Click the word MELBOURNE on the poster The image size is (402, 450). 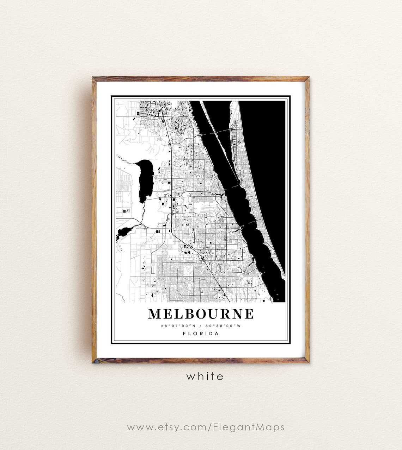[201, 314]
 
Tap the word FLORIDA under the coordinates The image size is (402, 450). [201, 334]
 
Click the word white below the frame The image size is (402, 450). [205, 376]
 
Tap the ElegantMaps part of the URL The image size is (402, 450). [249, 427]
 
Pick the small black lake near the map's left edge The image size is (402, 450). [124, 232]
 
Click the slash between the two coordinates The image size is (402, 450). [201, 326]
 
